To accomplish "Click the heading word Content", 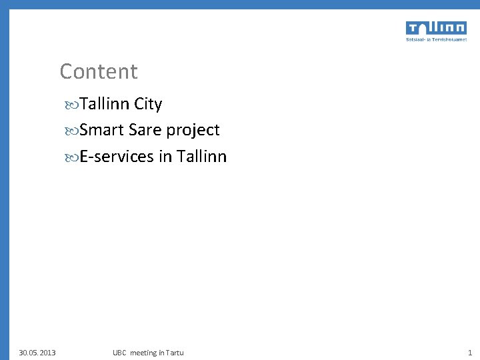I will pyautogui.click(x=98, y=71).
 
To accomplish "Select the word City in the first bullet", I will pyautogui.click(x=148, y=105).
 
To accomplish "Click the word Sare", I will pyautogui.click(x=145, y=130).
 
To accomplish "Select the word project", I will pyautogui.click(x=193, y=131).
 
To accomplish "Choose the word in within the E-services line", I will pyautogui.click(x=165, y=157).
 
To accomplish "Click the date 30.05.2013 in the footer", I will pyautogui.click(x=37, y=352).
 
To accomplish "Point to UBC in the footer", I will pyautogui.click(x=119, y=352).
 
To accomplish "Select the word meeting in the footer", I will pyautogui.click(x=144, y=352).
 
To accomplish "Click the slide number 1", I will pyautogui.click(x=469, y=352).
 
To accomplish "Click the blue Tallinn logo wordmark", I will pyautogui.click(x=435, y=28).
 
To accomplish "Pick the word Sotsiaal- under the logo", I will pyautogui.click(x=417, y=39).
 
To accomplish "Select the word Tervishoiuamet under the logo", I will pyautogui.click(x=449, y=39).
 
